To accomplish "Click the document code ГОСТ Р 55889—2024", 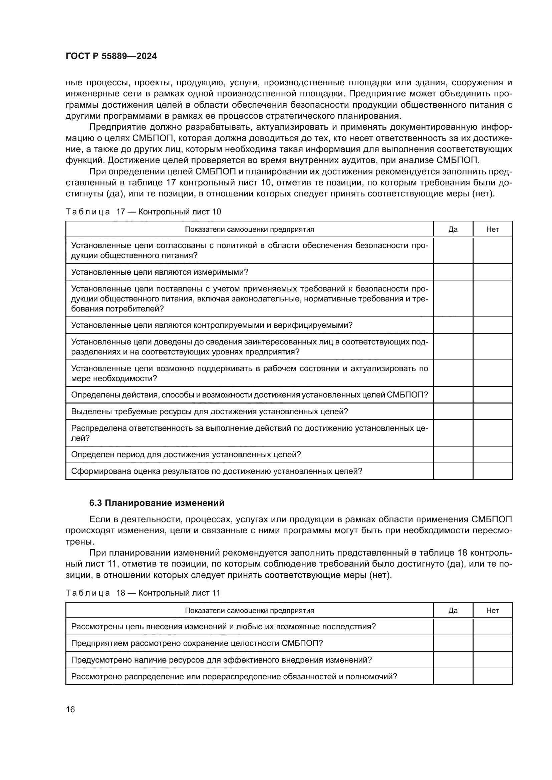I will click(x=111, y=56).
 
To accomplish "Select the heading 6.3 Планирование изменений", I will click(x=157, y=503).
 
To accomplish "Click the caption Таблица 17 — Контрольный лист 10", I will click(x=143, y=212).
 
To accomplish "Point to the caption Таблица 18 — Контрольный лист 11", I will click(x=143, y=593).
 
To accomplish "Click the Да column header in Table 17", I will click(x=453, y=229).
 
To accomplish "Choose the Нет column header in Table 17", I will click(x=492, y=229).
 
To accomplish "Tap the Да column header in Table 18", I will click(x=453, y=611).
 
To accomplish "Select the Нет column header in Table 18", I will click(x=492, y=611).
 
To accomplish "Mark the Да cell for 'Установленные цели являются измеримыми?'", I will click(x=453, y=272).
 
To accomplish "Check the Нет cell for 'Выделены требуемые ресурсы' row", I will click(x=492, y=412).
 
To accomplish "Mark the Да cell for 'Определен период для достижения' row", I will click(x=453, y=455).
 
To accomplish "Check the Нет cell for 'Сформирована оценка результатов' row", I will click(x=492, y=471).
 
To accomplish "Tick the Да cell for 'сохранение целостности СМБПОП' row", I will click(x=453, y=643).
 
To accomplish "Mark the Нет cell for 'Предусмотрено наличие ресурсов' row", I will click(x=492, y=660).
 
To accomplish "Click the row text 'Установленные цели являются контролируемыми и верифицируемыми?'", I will click(x=212, y=325).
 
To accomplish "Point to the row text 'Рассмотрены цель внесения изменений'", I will click(x=223, y=627).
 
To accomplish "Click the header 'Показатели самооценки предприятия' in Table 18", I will click(x=250, y=611).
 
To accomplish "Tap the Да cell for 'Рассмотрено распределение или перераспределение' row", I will click(x=453, y=676).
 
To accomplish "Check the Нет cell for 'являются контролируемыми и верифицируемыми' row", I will click(x=492, y=325).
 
